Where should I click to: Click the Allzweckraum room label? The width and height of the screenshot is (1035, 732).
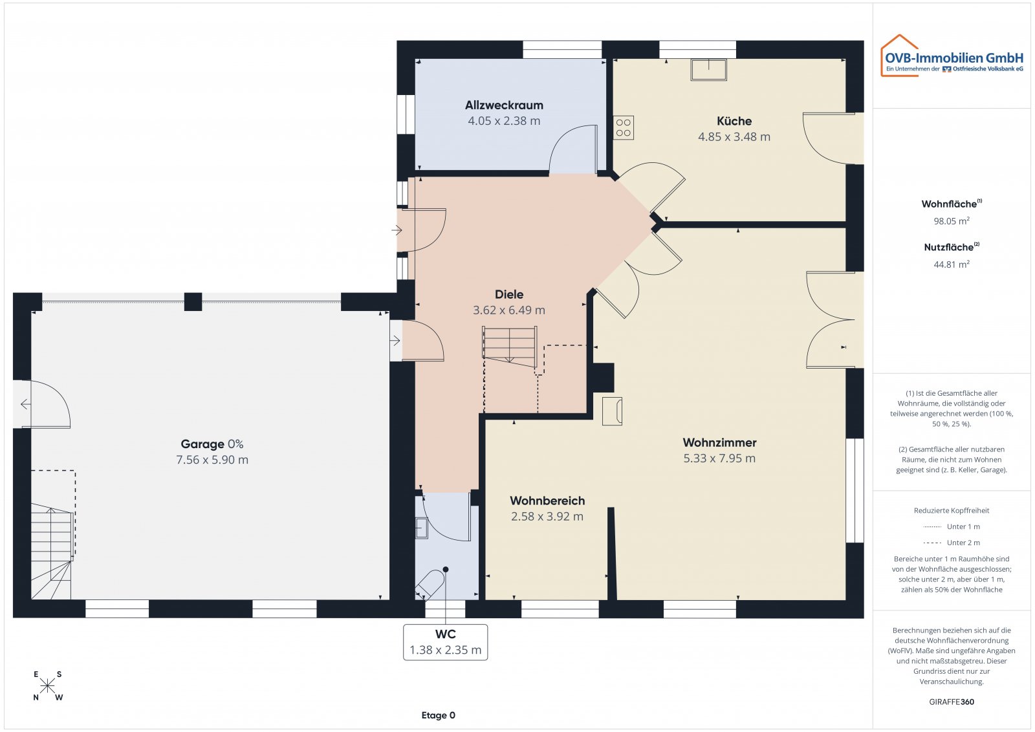point(504,105)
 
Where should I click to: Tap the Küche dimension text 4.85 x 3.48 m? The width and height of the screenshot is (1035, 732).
point(734,136)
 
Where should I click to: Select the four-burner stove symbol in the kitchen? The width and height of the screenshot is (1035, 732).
point(624,127)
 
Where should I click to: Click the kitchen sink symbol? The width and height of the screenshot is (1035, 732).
point(708,69)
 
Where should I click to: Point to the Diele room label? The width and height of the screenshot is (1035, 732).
point(509,294)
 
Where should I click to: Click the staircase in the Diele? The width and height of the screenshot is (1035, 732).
point(510,346)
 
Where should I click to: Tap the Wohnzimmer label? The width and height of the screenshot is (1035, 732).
point(719,442)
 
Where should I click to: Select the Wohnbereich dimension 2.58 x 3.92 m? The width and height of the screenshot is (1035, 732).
point(547,517)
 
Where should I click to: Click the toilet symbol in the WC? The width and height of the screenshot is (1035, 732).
point(430,584)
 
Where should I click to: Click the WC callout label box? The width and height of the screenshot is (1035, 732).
point(445,642)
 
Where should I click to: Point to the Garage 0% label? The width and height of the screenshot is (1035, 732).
point(212,444)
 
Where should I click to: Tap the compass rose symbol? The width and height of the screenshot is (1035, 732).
point(47,685)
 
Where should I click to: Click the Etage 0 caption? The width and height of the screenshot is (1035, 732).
point(438,715)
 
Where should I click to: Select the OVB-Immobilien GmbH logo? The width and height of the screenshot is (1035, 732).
point(952,57)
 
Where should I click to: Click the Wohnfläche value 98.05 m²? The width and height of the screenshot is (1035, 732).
point(951,221)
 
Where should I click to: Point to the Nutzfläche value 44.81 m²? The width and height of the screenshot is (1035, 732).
point(951,264)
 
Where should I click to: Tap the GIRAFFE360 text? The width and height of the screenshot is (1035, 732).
point(951,702)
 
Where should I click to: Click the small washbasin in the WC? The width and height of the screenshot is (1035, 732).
point(421,528)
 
